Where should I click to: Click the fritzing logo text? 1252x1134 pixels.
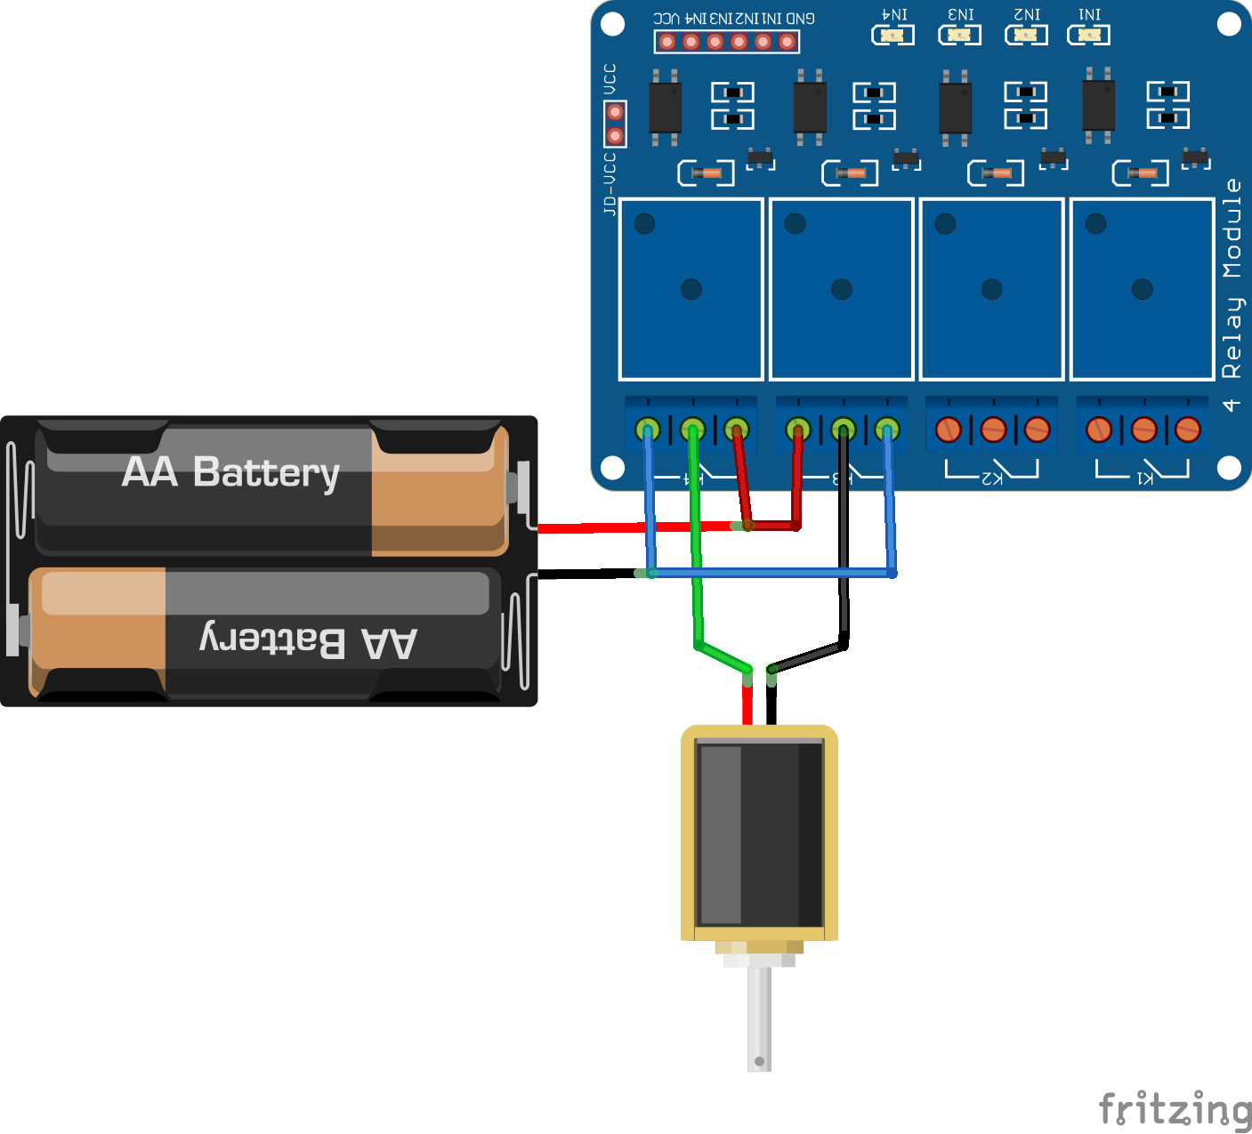[1175, 1109]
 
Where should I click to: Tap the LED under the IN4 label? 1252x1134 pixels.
[893, 36]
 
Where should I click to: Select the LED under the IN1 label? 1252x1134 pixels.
[1088, 36]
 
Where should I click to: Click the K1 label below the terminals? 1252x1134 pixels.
[1144, 478]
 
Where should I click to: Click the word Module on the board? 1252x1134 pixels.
[1232, 229]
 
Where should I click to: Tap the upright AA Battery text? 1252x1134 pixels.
[230, 472]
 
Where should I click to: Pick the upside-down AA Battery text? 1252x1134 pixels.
[308, 640]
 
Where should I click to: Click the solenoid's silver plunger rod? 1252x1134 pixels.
[759, 1018]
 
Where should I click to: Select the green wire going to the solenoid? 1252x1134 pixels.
[696, 578]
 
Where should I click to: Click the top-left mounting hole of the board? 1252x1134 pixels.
[613, 24]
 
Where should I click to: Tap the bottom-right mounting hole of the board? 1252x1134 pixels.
[1229, 467]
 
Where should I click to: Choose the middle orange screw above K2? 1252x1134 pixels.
[992, 430]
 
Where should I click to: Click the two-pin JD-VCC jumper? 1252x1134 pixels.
[615, 125]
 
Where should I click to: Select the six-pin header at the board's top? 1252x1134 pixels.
[727, 42]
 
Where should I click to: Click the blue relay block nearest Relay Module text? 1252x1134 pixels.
[1142, 289]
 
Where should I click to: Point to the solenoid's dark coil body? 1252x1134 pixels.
[760, 834]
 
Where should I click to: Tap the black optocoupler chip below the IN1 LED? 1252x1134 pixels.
[1098, 106]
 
